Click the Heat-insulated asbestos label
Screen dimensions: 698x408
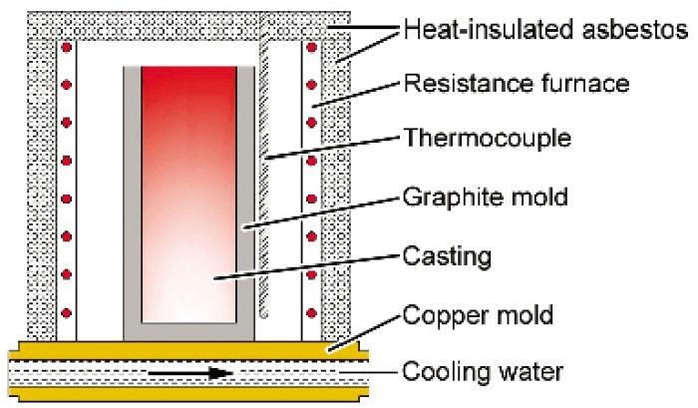(545, 30)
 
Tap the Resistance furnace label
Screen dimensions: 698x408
(517, 83)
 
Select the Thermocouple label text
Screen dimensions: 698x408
(487, 138)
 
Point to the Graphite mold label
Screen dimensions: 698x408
(486, 197)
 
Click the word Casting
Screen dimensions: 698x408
(447, 256)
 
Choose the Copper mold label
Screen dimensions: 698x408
(478, 315)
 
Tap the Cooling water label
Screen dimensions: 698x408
(483, 371)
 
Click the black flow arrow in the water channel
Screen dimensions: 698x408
(190, 373)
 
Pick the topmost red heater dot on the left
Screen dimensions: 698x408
(67, 47)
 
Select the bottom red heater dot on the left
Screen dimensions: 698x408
(67, 313)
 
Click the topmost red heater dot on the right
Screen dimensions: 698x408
(311, 47)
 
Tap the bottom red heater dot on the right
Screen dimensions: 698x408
(311, 313)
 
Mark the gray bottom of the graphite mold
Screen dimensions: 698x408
(188, 332)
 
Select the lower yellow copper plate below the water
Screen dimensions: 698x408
(188, 393)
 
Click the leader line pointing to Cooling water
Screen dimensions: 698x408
(368, 372)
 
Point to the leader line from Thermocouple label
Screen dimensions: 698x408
(332, 148)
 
